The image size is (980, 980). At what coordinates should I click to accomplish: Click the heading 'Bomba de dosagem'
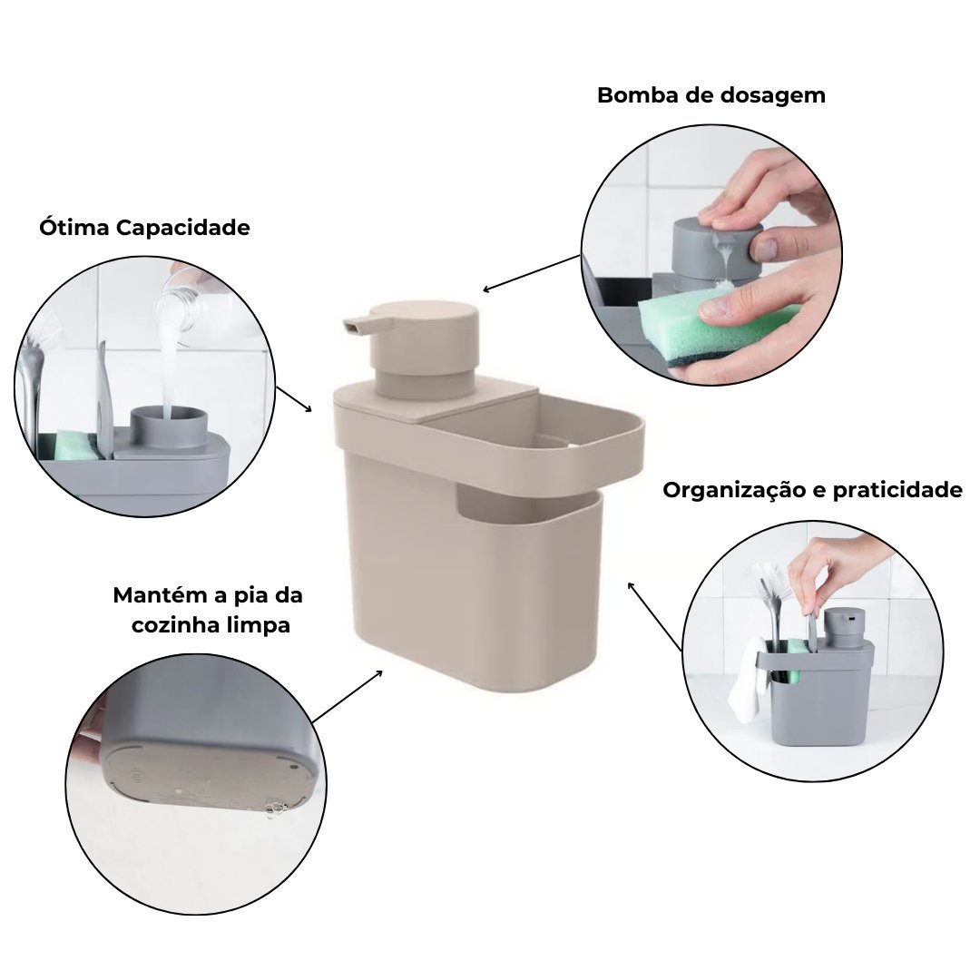point(711,95)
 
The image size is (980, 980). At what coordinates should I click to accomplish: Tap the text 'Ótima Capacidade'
point(144,228)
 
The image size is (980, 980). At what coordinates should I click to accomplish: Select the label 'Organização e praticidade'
point(812,490)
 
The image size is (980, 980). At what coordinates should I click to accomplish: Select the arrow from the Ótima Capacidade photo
point(294,398)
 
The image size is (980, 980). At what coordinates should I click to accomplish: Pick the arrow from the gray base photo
point(348,696)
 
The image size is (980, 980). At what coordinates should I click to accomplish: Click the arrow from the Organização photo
point(654,615)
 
